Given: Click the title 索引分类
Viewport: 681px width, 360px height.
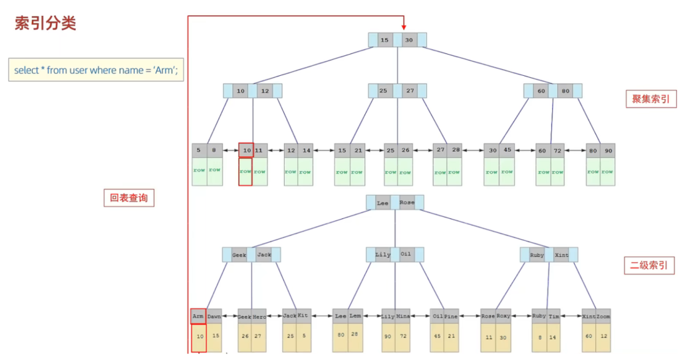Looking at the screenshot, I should point(45,23).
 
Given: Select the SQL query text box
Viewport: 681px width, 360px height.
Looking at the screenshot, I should point(96,70).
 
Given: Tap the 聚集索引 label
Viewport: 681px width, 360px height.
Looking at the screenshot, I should point(650,100).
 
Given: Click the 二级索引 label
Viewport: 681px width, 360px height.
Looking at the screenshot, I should point(649,266).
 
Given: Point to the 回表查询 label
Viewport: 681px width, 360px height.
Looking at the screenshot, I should point(129,198).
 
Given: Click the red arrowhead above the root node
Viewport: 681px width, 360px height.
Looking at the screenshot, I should point(404,26).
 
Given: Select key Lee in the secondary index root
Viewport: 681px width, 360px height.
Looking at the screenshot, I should point(382,202).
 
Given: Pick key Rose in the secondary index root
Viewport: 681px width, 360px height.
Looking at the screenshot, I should point(407,202).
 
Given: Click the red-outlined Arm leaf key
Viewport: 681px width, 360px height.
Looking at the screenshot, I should point(198,316).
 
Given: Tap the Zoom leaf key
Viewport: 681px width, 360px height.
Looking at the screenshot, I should point(603,317).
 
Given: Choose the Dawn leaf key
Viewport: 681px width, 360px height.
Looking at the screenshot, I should point(213,317).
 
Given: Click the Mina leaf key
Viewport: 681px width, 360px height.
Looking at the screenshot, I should point(403,317).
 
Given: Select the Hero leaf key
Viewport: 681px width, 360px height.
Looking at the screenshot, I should point(259,317).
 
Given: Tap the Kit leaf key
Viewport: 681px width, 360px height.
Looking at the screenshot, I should point(304,316).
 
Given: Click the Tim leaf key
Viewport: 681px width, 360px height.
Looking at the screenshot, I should point(554,317).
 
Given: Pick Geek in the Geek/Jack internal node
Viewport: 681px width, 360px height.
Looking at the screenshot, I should point(239,255).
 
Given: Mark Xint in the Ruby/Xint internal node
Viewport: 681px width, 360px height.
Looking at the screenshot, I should point(561,255).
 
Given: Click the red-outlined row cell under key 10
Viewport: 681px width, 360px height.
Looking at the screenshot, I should point(245,171).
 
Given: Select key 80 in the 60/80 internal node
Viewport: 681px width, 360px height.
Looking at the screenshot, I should point(565,90).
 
